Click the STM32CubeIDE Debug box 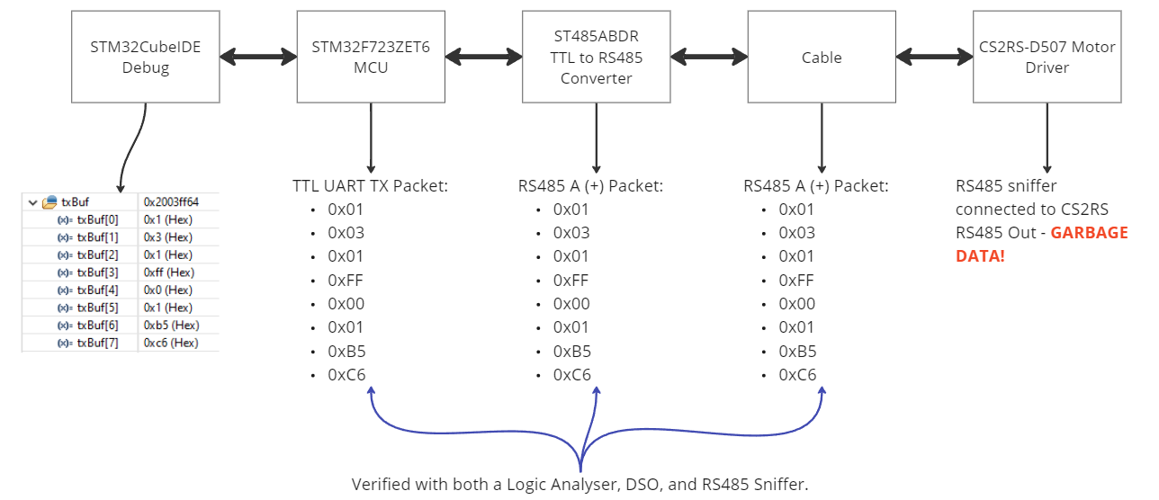(145, 58)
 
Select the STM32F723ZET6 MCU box (371, 58)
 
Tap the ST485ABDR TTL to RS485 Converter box (596, 58)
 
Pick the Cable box (822, 58)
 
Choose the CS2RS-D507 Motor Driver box (1047, 58)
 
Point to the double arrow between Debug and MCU (258, 58)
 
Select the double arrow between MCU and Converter (483, 58)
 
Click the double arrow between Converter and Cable (709, 58)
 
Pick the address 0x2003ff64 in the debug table (171, 202)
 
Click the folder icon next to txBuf (49, 202)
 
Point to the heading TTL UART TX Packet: (370, 186)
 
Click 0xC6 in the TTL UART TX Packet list (346, 374)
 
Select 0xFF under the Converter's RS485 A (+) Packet (571, 281)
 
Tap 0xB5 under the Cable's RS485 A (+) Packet (797, 351)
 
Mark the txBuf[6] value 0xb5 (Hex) (171, 325)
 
